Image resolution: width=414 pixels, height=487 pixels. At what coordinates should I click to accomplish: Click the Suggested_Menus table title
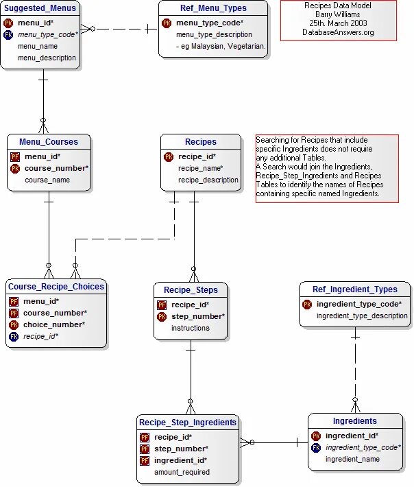(40, 8)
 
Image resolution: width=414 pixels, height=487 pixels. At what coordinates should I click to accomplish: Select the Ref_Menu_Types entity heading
(213, 8)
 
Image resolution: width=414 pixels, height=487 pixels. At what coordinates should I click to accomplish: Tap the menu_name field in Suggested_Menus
(37, 46)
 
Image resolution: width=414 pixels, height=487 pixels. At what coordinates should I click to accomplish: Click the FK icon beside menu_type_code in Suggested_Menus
(8, 34)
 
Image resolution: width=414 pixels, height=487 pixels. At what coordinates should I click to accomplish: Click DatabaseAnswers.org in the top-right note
(338, 32)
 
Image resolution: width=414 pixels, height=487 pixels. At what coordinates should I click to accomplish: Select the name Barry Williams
(338, 14)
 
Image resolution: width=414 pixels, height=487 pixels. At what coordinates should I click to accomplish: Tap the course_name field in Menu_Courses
(47, 180)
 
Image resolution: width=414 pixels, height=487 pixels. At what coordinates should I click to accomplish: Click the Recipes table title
(201, 142)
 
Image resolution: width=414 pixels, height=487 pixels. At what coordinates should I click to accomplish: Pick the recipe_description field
(208, 180)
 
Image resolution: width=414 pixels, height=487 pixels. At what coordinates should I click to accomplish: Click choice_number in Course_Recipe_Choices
(54, 324)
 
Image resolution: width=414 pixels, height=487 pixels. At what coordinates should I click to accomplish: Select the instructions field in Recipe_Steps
(191, 328)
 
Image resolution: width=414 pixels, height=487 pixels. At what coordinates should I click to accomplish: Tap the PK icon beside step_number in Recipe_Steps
(162, 317)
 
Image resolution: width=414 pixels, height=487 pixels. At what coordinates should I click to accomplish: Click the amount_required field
(182, 472)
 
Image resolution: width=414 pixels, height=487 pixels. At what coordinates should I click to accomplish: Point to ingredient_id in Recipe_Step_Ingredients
(180, 460)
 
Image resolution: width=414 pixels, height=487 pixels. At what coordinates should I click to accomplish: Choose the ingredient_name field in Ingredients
(352, 459)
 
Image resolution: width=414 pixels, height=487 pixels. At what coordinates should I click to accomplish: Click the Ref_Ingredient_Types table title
(354, 289)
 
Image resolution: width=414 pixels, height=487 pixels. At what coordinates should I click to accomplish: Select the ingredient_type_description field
(362, 316)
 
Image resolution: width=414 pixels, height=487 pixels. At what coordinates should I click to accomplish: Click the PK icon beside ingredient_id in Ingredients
(316, 436)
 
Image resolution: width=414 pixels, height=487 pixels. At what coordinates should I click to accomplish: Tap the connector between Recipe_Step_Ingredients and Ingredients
(274, 442)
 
